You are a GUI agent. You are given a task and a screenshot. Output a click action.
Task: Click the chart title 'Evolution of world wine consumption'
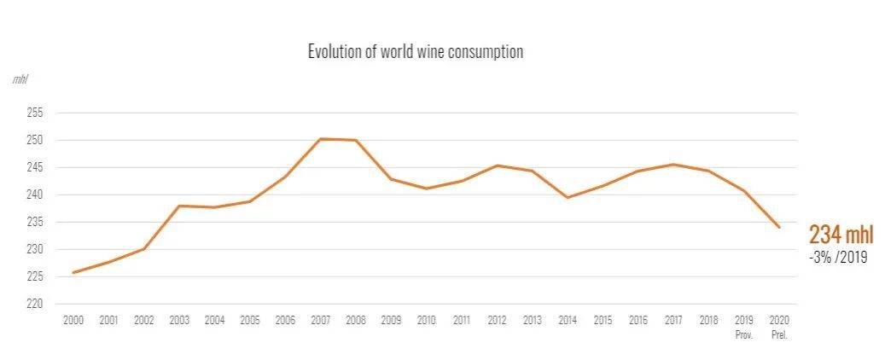coord(415,52)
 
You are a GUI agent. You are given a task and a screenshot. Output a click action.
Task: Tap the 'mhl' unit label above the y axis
coord(20,79)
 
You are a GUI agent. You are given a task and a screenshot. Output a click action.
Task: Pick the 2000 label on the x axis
coord(73,320)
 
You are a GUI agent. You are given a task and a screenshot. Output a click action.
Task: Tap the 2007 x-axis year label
coord(320,320)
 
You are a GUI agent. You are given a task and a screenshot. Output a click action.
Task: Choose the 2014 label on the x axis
coord(567,320)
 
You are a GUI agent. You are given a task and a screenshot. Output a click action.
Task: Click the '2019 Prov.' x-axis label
coord(743,325)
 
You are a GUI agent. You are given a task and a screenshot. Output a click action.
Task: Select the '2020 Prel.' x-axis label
coord(778,325)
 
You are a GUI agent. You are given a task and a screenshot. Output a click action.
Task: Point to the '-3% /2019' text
coord(838,257)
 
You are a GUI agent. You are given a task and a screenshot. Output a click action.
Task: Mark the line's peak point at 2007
coord(320,139)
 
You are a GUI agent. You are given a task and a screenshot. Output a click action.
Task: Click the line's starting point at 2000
coord(73,272)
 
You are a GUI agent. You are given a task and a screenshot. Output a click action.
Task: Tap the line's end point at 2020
coord(778,227)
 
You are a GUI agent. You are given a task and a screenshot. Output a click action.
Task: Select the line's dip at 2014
coord(567,198)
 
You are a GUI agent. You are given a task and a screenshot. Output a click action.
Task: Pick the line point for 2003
coord(179,206)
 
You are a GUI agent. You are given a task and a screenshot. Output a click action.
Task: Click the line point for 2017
coord(672,165)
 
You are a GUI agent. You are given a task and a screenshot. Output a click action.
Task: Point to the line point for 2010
coord(426,189)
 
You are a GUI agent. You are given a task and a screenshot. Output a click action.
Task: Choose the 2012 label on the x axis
coord(497,320)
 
